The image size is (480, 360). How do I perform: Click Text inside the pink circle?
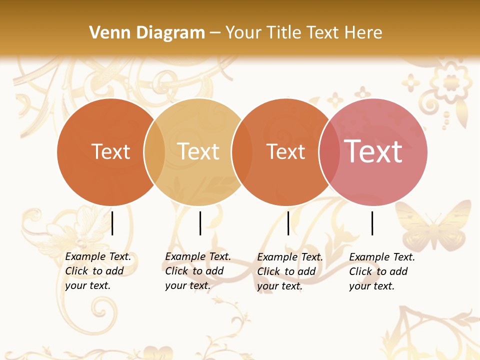point(373,151)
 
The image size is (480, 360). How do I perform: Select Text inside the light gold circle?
point(198,151)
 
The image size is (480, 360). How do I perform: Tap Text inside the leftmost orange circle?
point(110,151)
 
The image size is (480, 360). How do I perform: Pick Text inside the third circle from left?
point(285,151)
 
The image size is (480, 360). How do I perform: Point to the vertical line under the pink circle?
point(372,223)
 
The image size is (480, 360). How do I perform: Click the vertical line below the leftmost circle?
point(112,223)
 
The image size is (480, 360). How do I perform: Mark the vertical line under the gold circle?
point(200,223)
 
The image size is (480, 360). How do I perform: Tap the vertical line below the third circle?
point(288,223)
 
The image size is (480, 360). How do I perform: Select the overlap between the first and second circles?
point(154,151)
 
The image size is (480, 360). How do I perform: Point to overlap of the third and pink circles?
point(329,152)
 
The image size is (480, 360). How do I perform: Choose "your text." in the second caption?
point(188,285)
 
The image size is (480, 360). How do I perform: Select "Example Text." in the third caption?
point(290,257)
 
